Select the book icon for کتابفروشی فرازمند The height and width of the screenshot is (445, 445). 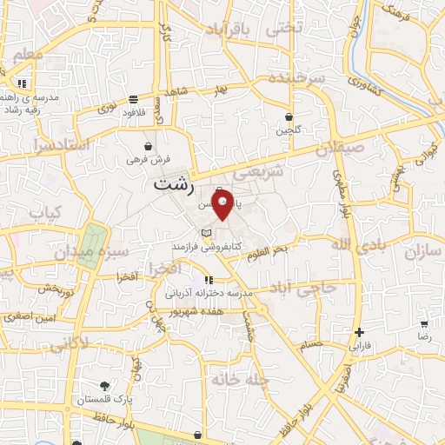click(x=205, y=234)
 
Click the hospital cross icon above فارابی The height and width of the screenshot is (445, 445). click(x=359, y=332)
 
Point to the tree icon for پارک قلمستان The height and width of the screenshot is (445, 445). click(x=105, y=386)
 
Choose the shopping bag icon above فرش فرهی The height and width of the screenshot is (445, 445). click(x=149, y=145)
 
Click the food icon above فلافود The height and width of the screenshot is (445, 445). click(x=132, y=98)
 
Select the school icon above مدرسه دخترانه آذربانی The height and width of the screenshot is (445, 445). click(x=209, y=280)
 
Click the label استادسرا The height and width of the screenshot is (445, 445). click(x=60, y=145)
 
